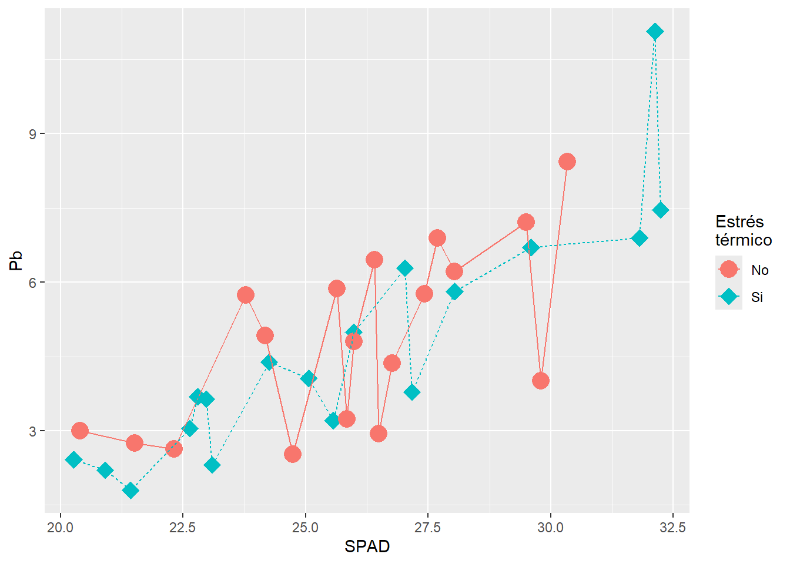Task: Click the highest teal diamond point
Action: point(655,32)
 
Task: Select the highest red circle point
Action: point(567,162)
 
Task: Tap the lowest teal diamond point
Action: point(130,491)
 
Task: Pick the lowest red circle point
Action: point(293,454)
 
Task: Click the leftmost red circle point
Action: point(80,431)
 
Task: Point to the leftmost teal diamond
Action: point(73,459)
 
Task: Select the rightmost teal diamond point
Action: point(661,210)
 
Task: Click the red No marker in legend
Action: point(729,270)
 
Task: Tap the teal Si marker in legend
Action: point(729,297)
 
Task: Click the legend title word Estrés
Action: point(739,221)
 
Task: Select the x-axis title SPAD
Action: point(367,546)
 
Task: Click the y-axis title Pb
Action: point(16,260)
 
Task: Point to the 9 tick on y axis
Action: point(32,134)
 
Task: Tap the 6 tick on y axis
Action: point(32,283)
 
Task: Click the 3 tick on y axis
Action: point(32,431)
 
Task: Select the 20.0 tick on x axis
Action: point(60,527)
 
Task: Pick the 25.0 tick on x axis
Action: point(305,527)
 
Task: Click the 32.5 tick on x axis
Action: point(672,527)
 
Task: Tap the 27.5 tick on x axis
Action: point(427,527)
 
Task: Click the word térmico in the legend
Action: point(744,240)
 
